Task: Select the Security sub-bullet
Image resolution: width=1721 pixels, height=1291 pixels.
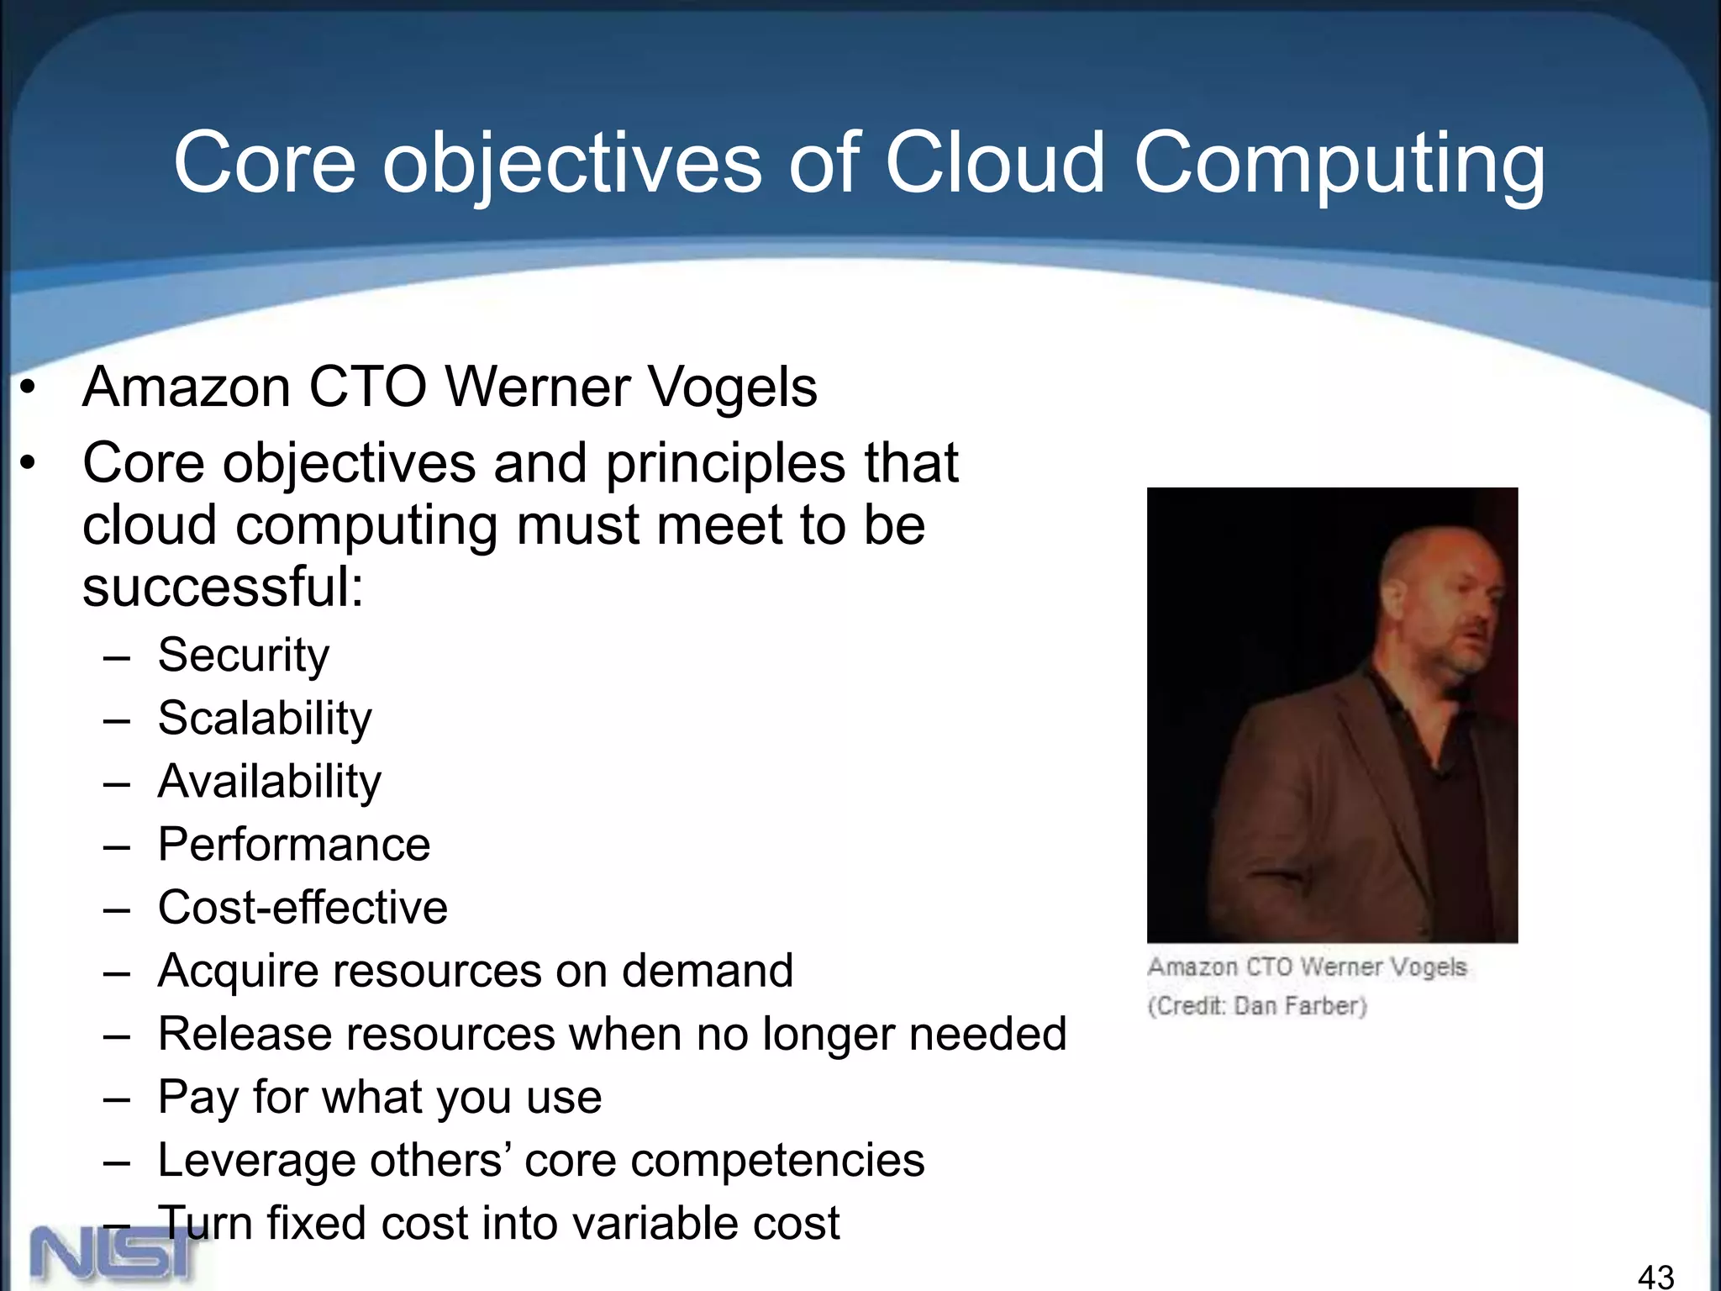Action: point(244,655)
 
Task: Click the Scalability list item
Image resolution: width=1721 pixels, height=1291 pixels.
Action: point(265,719)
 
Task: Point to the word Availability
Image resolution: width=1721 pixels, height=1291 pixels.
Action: point(270,782)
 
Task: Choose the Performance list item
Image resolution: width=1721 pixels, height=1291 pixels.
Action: point(294,845)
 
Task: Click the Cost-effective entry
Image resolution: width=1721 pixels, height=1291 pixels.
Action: point(303,908)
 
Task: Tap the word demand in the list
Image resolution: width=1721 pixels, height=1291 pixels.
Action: point(708,971)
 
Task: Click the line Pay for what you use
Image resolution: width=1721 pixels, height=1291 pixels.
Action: point(380,1097)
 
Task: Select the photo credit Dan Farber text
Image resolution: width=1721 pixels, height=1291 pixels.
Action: point(1257,1006)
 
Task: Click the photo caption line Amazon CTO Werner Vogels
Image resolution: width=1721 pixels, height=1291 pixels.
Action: point(1308,967)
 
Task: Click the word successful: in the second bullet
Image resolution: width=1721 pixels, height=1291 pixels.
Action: point(224,587)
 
